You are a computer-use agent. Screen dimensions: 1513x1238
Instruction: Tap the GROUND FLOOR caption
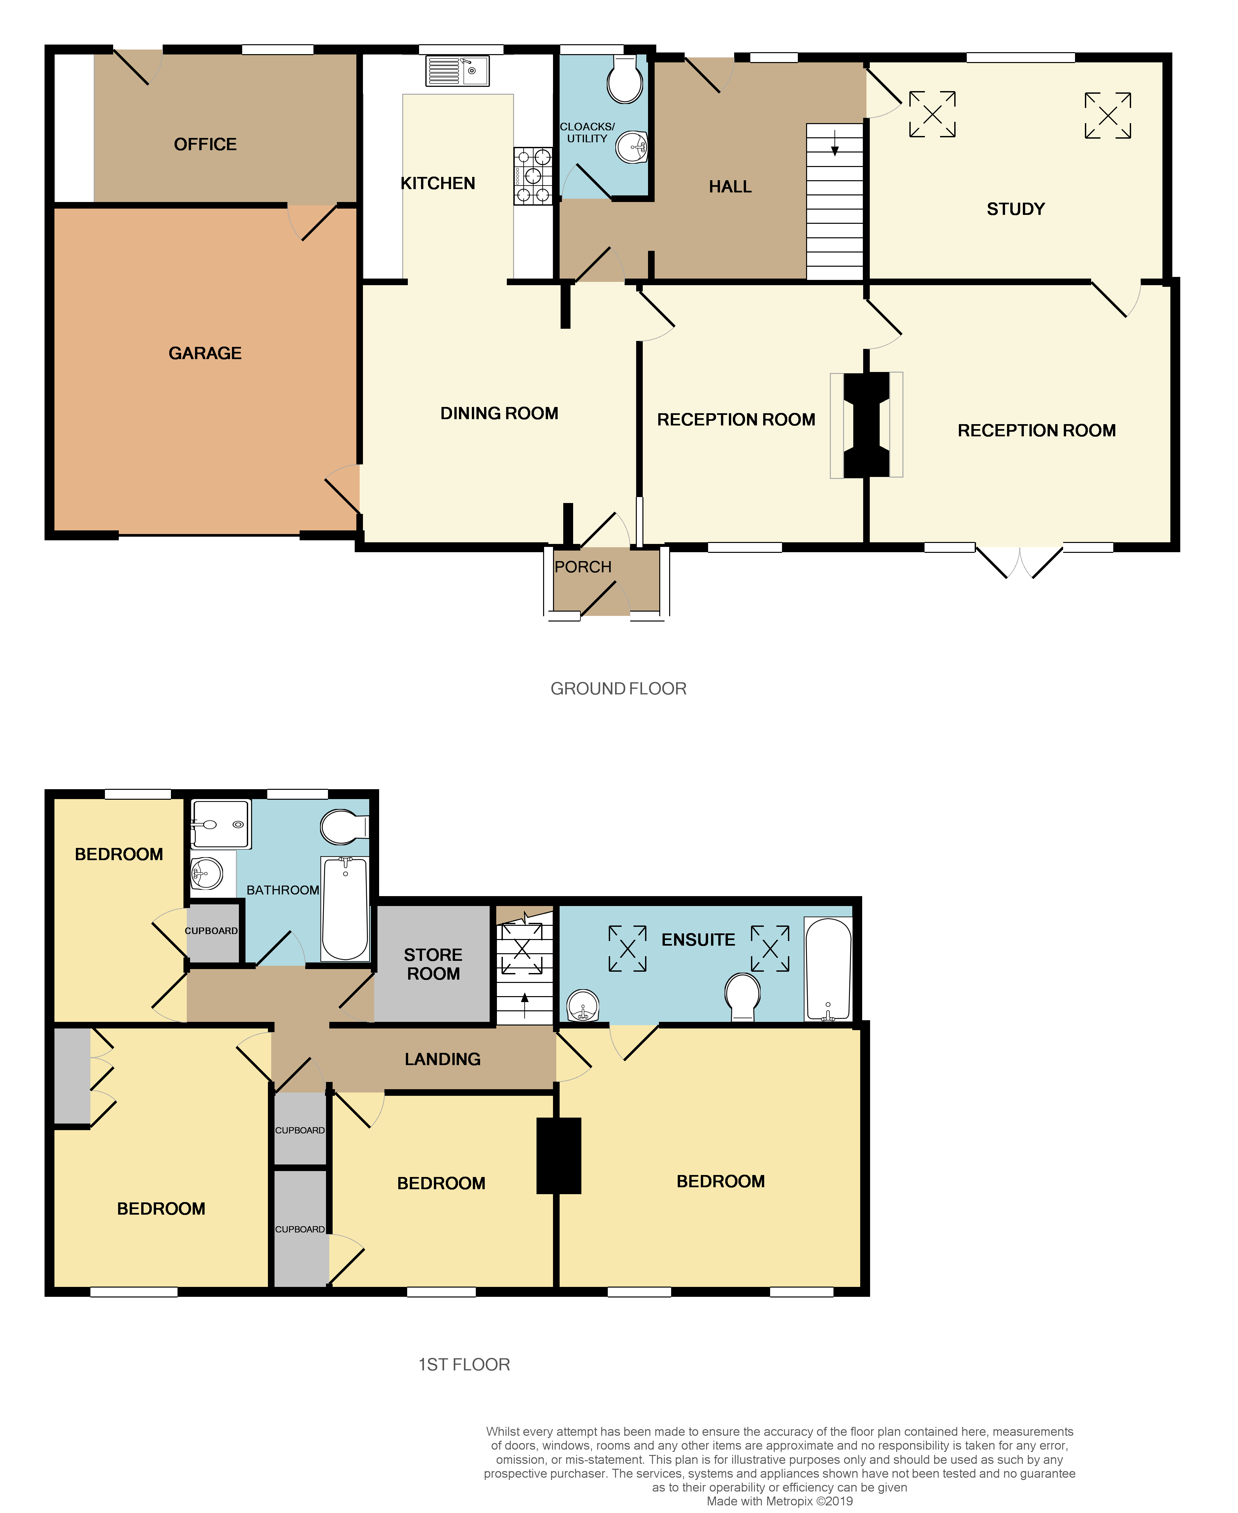(x=618, y=689)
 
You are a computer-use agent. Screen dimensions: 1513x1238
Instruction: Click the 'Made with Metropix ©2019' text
(x=779, y=1501)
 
